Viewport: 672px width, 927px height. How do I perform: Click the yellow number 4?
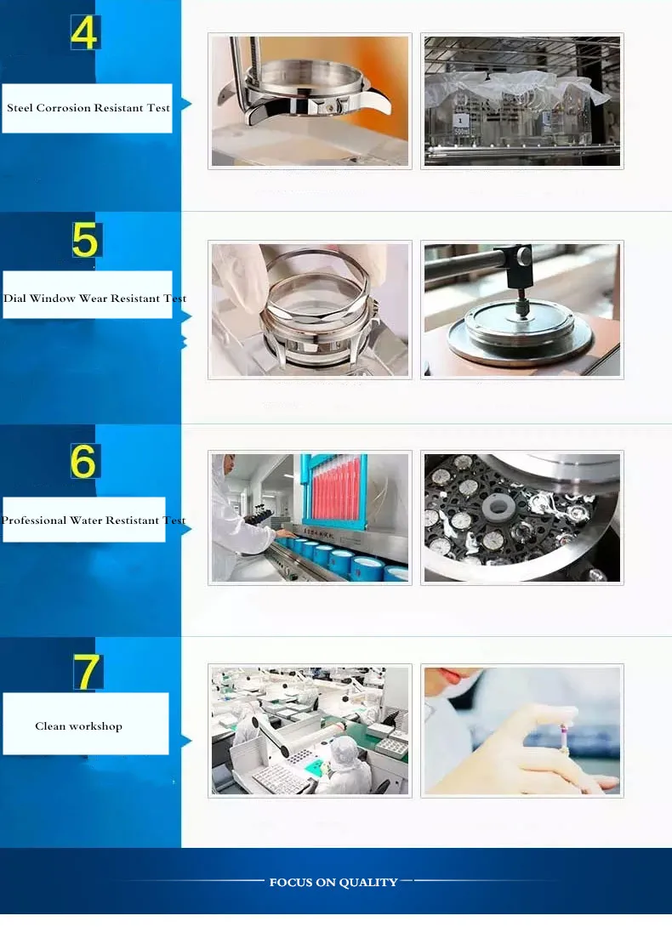tap(84, 32)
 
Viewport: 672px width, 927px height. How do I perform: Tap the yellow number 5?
tap(85, 240)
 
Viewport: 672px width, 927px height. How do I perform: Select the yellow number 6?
tap(83, 460)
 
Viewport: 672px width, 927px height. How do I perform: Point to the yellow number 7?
tap(87, 671)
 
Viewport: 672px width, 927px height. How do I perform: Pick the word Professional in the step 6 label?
tap(33, 520)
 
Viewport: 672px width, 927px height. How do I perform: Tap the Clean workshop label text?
tap(78, 726)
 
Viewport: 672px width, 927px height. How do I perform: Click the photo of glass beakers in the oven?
tap(522, 101)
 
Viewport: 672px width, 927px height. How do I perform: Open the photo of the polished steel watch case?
tap(310, 101)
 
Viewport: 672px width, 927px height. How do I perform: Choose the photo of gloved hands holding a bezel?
tap(310, 310)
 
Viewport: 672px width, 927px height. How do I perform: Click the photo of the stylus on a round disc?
tap(522, 310)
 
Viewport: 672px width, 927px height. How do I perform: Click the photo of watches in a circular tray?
tap(522, 518)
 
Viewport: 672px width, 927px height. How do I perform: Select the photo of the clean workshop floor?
tap(310, 731)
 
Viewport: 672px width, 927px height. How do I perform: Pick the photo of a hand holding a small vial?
tap(522, 731)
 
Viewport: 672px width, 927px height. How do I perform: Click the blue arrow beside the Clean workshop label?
tap(186, 741)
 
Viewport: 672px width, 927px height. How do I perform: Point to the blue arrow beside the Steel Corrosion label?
tap(186, 105)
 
